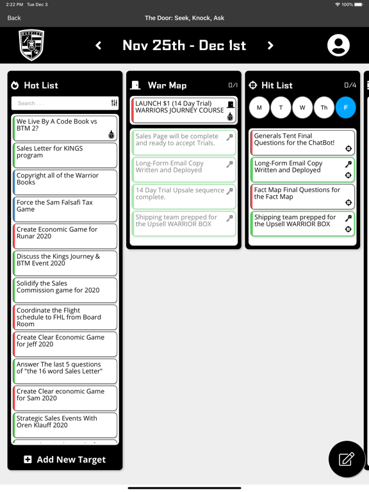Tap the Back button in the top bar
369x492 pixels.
[14, 18]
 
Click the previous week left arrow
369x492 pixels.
[99, 45]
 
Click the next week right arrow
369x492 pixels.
[270, 45]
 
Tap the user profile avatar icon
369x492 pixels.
[338, 45]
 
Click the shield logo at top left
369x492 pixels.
[31, 45]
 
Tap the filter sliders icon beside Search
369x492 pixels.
[114, 103]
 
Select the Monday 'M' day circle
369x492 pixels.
[259, 108]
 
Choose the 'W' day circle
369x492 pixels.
[302, 108]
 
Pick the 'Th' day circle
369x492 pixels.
[324, 108]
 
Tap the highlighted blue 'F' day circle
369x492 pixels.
[345, 108]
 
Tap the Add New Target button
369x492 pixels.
[65, 459]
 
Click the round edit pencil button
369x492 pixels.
[347, 459]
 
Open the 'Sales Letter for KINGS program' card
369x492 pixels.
[65, 155]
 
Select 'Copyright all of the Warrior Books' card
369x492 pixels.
[65, 182]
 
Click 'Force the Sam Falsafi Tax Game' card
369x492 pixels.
[65, 209]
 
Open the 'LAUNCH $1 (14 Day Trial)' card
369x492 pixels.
[184, 110]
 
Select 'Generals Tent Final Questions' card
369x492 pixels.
[302, 142]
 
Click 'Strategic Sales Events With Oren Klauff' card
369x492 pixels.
[65, 425]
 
